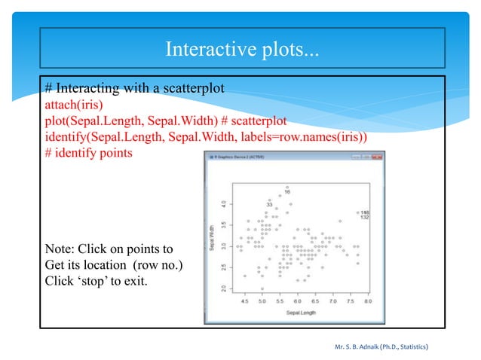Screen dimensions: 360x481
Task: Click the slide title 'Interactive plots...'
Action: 241,50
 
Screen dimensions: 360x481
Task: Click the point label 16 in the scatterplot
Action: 287,192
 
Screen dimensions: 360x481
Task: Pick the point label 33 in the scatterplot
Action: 268,204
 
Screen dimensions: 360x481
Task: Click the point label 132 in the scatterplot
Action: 364,218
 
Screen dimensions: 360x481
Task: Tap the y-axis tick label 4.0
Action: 222,203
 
